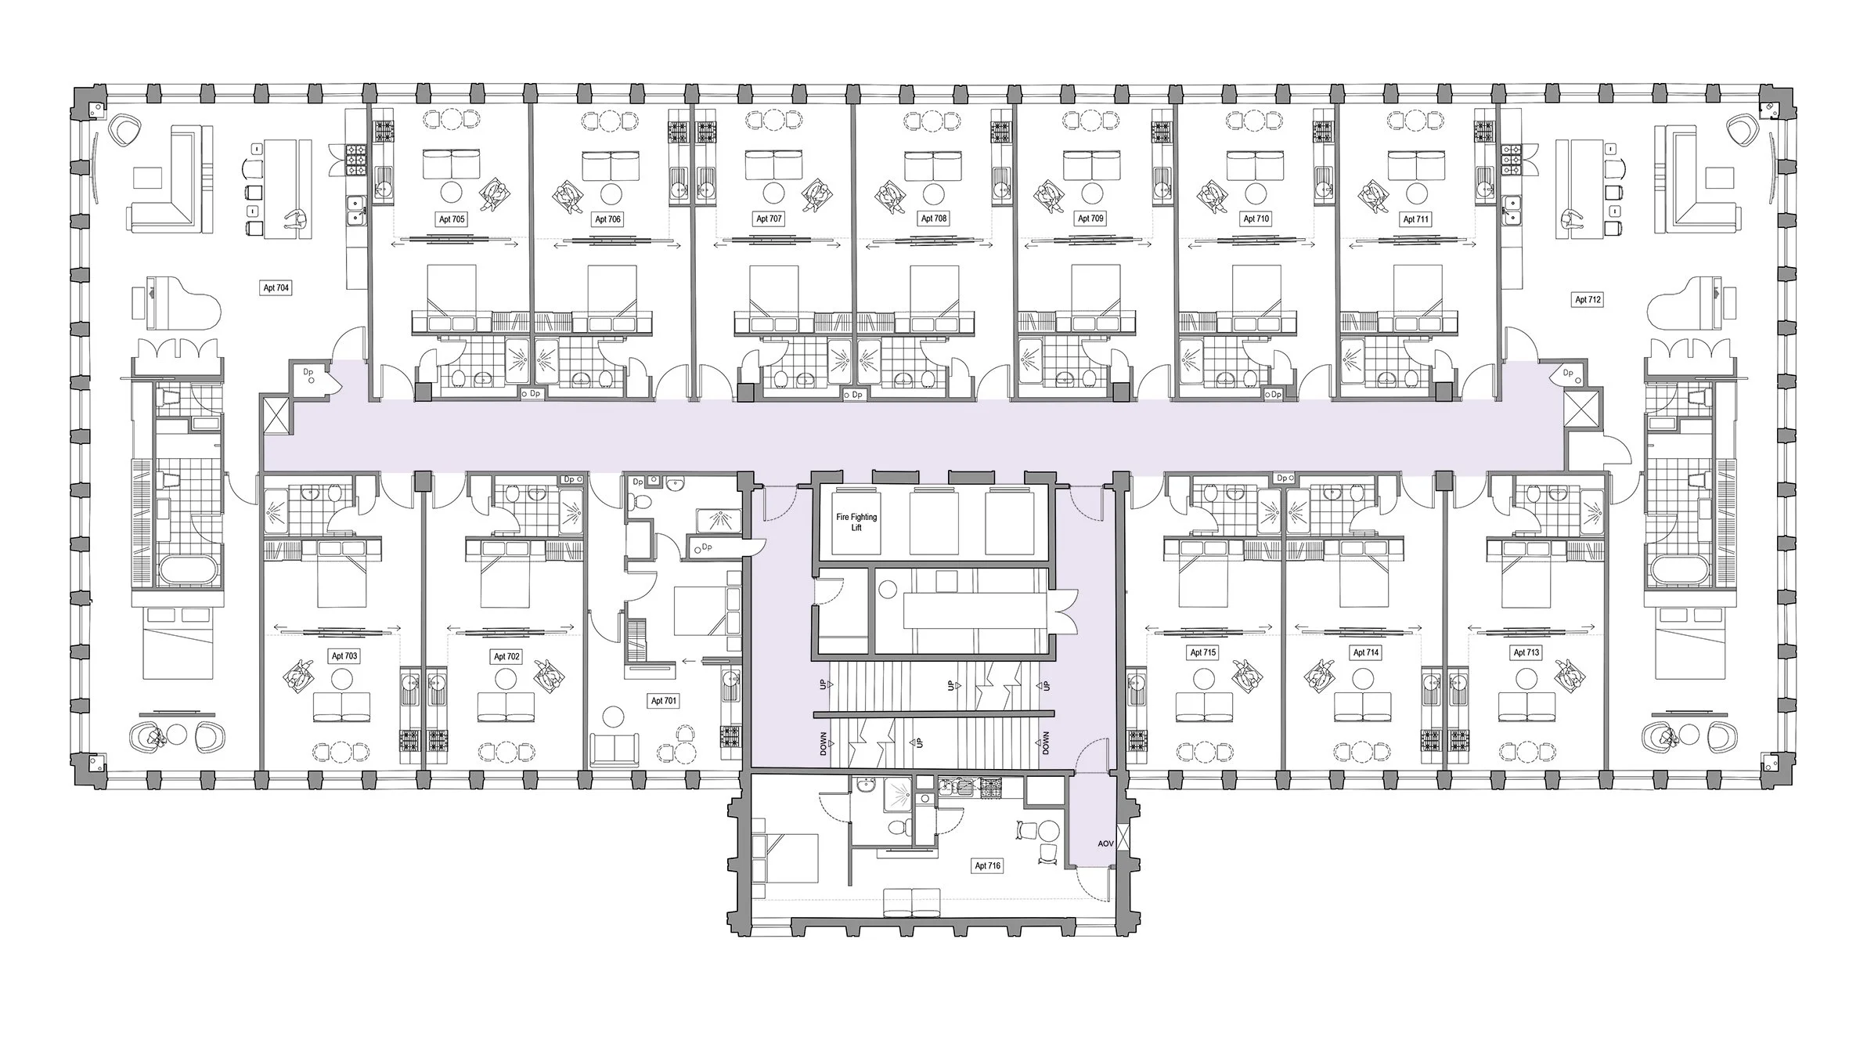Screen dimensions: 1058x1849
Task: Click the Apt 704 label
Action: pos(276,288)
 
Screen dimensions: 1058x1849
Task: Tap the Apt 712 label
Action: pos(1588,299)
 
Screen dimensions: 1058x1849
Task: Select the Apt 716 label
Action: pos(987,866)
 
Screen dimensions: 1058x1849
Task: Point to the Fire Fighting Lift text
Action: pos(856,522)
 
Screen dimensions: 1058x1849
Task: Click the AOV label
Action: pos(1105,844)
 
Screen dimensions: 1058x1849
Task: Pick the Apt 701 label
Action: pos(663,701)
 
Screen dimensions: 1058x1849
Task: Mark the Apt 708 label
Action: pos(933,218)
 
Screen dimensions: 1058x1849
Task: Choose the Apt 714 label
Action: pos(1365,652)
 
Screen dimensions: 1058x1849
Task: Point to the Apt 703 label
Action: pos(344,656)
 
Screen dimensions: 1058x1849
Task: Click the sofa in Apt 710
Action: pos(1255,165)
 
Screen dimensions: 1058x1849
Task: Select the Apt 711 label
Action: pos(1415,219)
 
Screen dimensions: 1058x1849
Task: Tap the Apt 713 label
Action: pos(1526,652)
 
